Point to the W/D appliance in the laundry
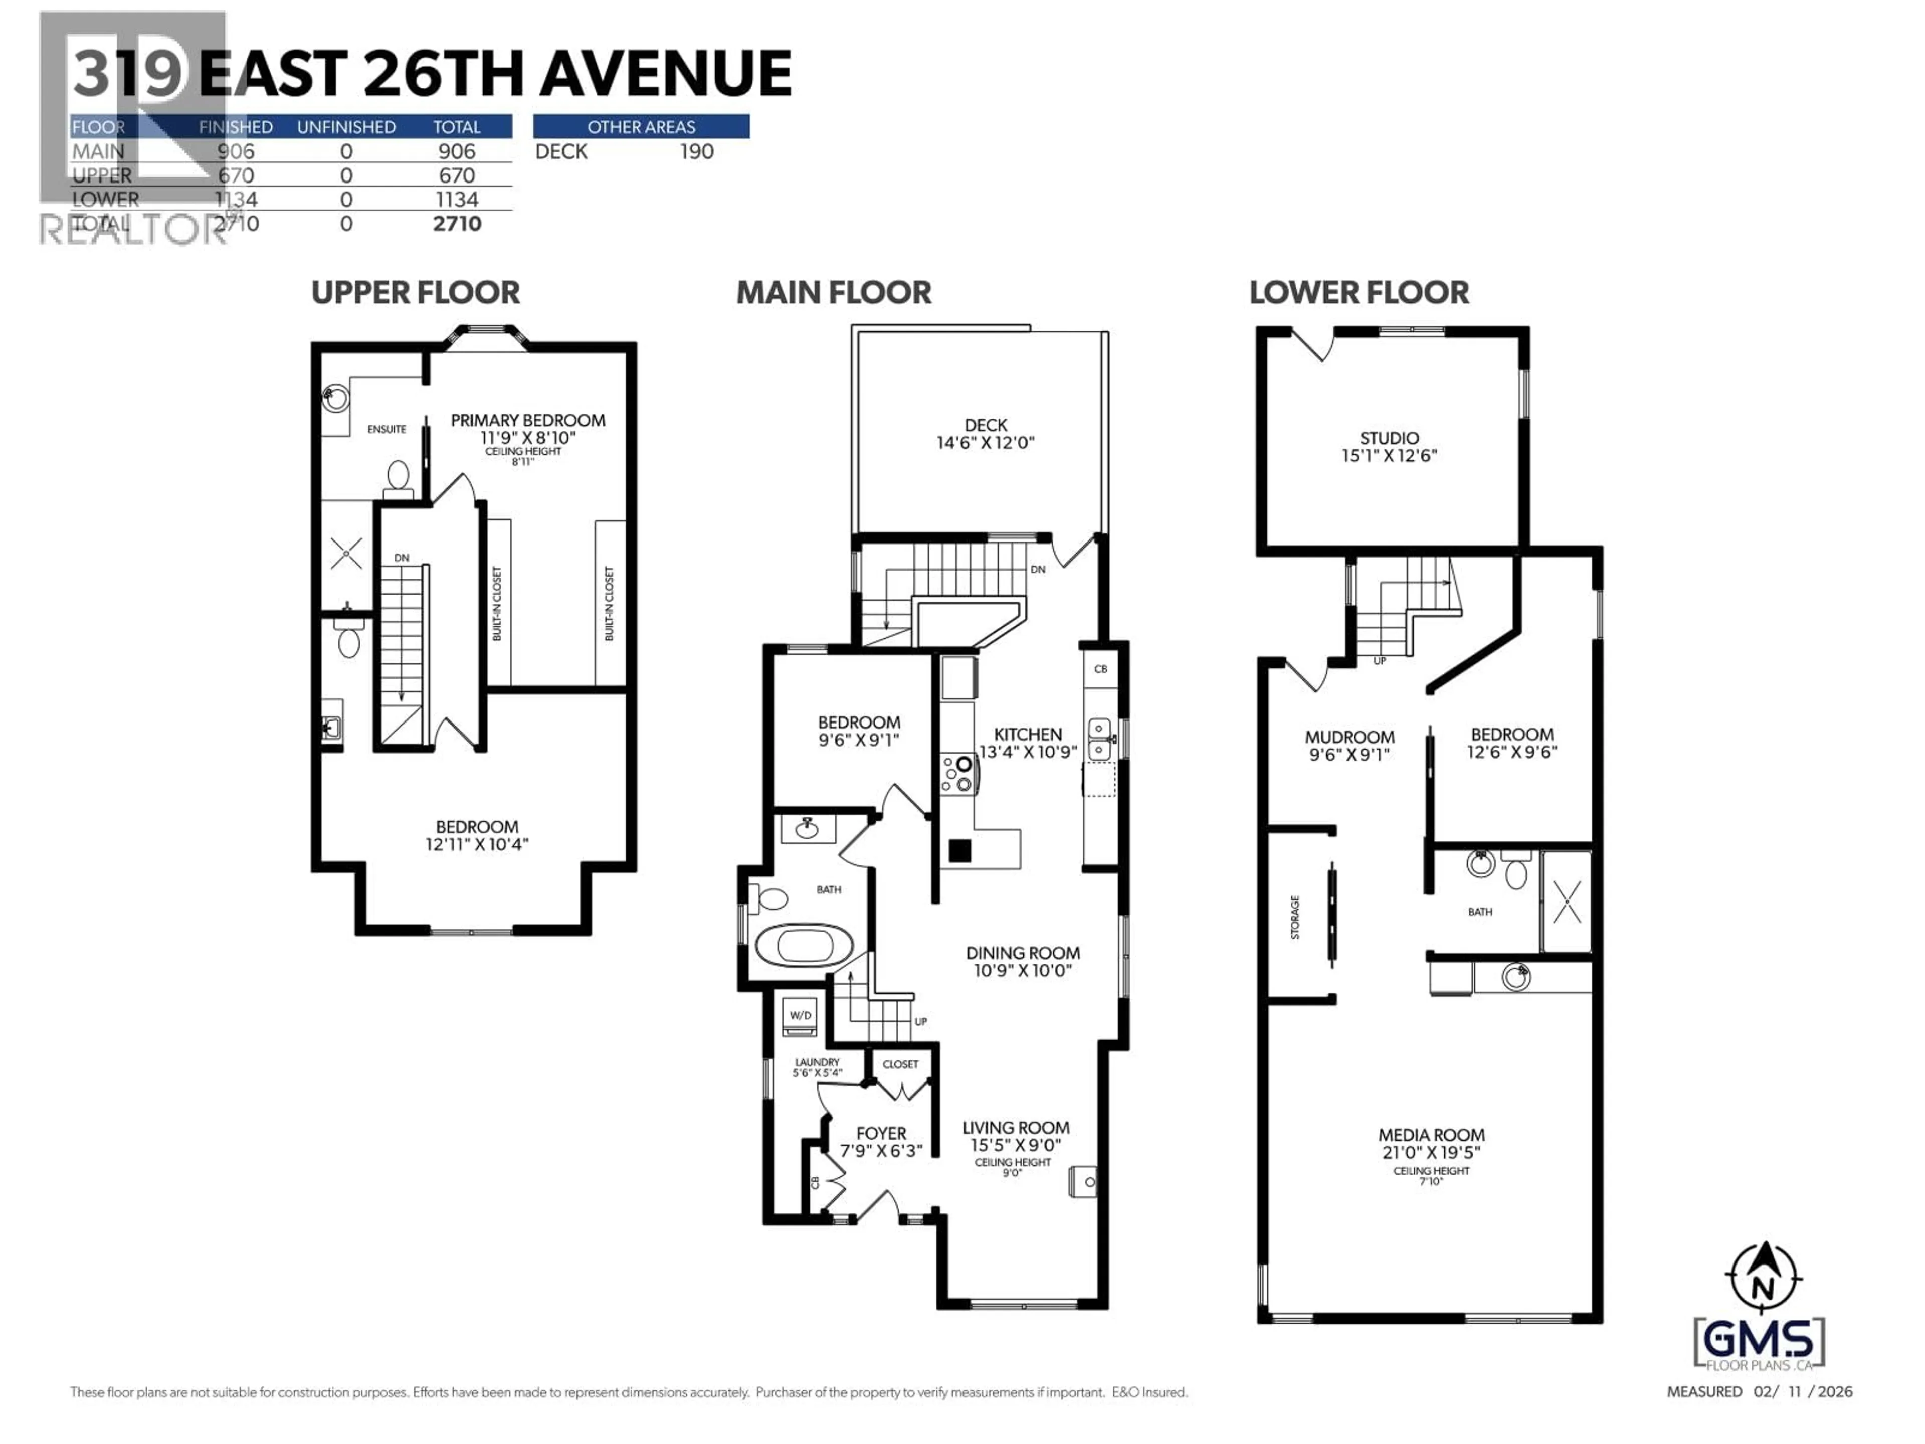[800, 1016]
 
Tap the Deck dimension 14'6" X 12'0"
[985, 443]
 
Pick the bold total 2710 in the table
[457, 224]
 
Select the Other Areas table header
[641, 127]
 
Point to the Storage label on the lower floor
[1295, 918]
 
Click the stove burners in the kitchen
[958, 774]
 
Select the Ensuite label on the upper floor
[387, 429]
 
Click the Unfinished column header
[346, 127]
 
